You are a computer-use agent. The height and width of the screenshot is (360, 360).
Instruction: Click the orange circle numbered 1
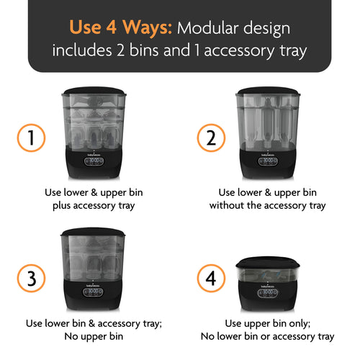pyautogui.click(x=32, y=137)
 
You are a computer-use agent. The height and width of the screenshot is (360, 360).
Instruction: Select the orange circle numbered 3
pyautogui.click(x=32, y=279)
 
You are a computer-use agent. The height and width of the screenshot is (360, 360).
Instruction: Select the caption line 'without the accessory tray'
pyautogui.click(x=267, y=206)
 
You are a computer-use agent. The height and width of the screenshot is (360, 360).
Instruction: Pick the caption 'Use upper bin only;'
pyautogui.click(x=268, y=323)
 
